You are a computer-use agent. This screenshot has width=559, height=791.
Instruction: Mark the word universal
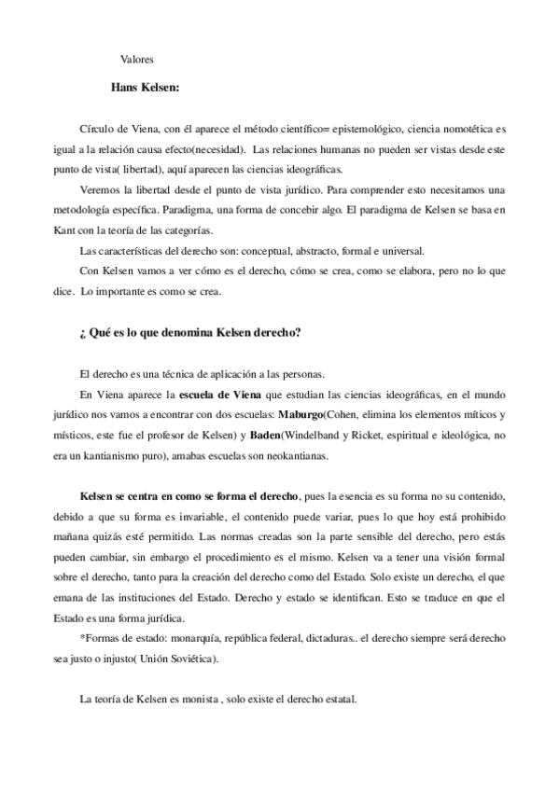point(405,249)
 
